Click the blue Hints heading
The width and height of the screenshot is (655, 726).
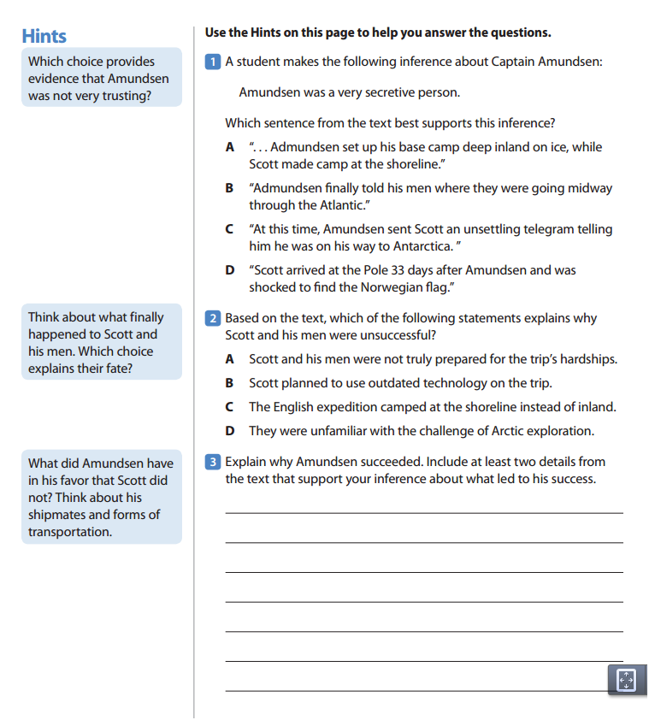(44, 36)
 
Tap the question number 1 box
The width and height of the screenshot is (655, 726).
(213, 62)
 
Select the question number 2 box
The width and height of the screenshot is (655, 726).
(213, 318)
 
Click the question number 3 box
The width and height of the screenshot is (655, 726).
(213, 462)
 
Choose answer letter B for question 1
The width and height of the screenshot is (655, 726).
(229, 188)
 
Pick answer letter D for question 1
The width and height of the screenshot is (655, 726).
(230, 270)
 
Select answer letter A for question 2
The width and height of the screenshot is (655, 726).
(229, 359)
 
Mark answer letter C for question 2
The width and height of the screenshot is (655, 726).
(229, 407)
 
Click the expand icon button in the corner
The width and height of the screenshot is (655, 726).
(627, 680)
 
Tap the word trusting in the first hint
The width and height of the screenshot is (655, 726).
(126, 96)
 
